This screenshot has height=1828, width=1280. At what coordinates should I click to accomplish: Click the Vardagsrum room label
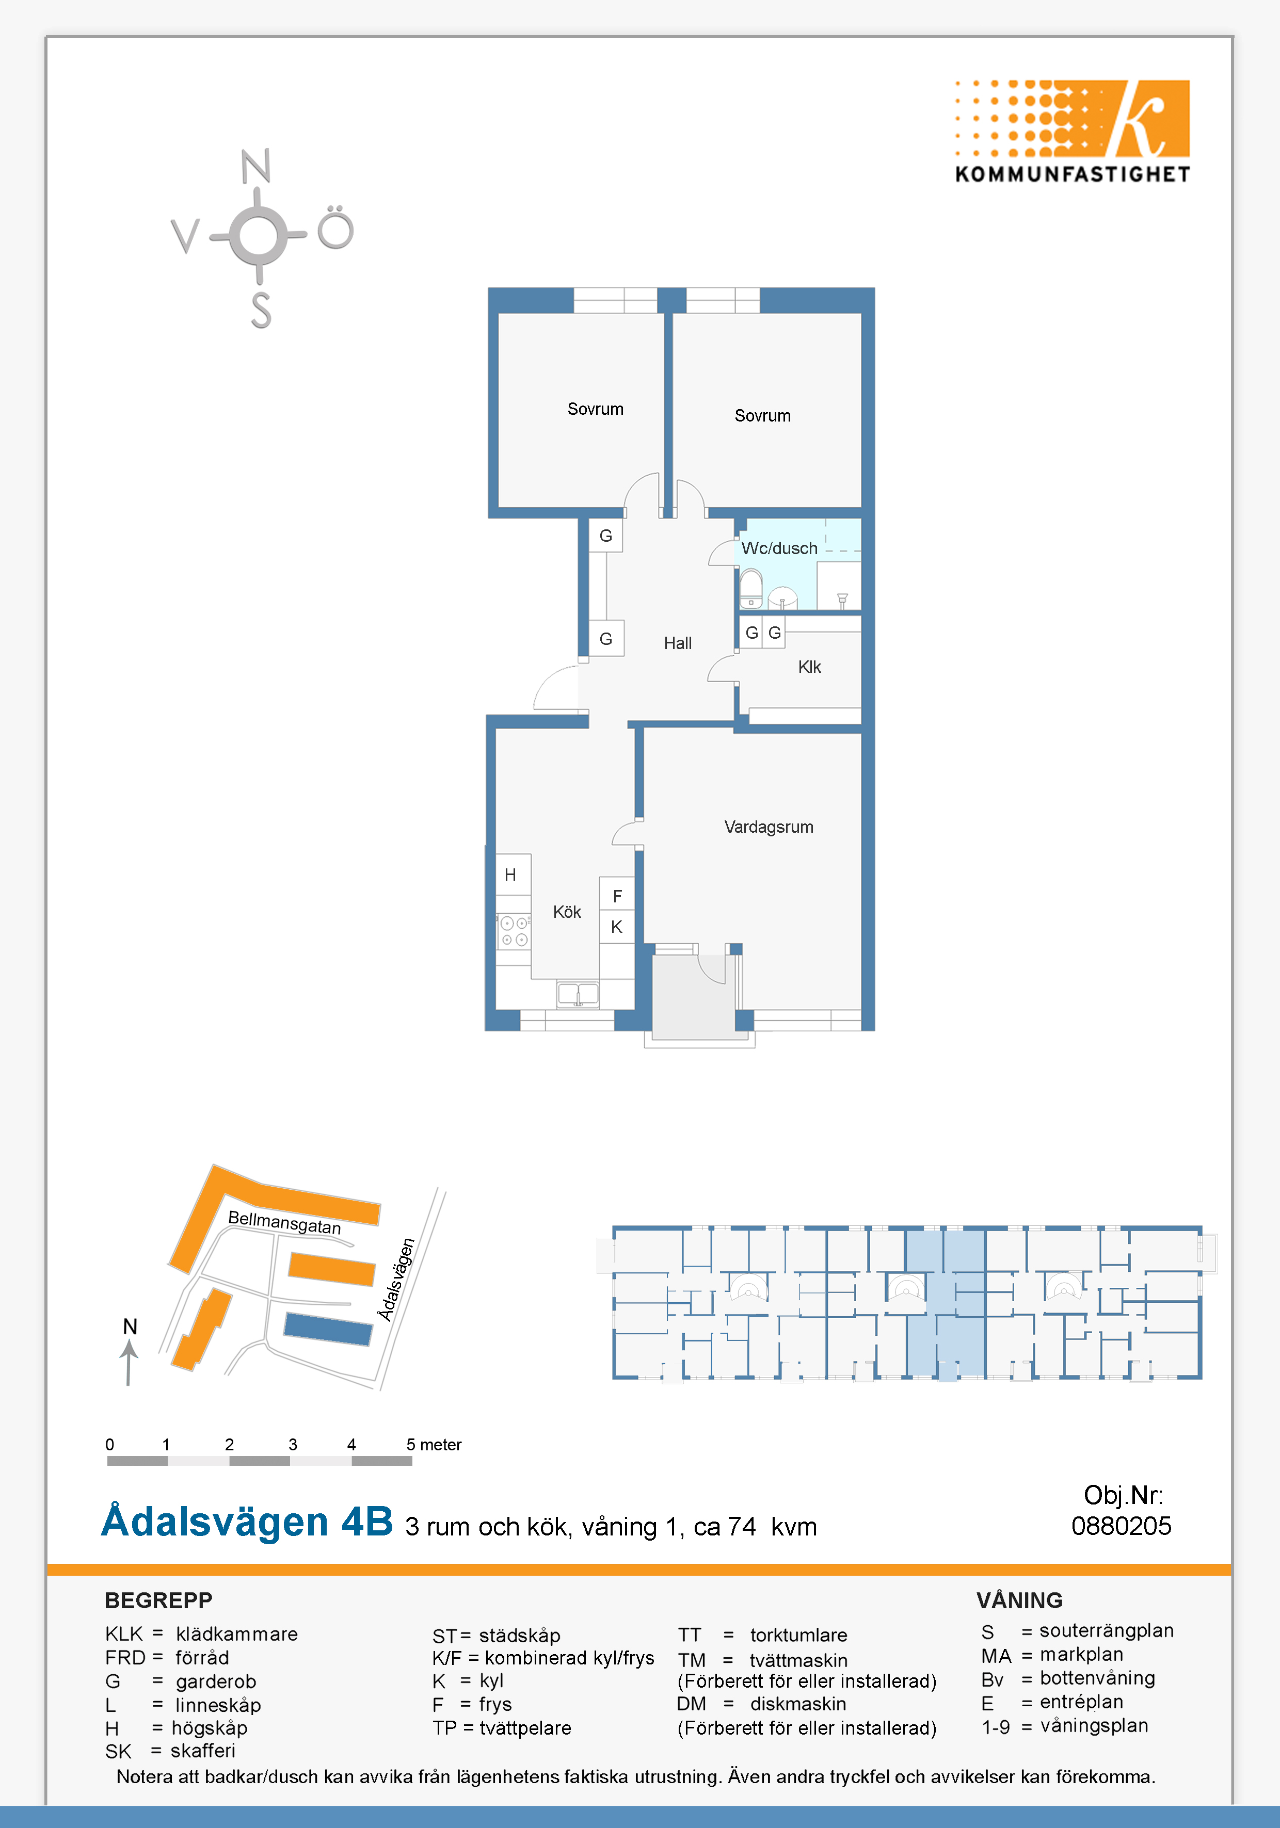point(769,827)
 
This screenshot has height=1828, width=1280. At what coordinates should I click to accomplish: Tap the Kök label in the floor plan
point(567,912)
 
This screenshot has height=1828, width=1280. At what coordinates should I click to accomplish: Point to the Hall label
point(678,643)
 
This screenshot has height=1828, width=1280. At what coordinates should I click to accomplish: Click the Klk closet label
point(809,667)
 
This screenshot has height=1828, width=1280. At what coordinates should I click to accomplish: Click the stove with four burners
point(514,931)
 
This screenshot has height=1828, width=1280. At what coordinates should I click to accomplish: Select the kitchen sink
point(578,994)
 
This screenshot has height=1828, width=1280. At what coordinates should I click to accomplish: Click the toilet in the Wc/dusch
point(750,588)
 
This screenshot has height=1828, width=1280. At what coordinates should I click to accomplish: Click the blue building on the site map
point(328,1329)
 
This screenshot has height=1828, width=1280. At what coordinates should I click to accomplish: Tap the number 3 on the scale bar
point(293,1444)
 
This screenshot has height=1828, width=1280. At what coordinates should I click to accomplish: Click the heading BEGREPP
point(158,1600)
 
